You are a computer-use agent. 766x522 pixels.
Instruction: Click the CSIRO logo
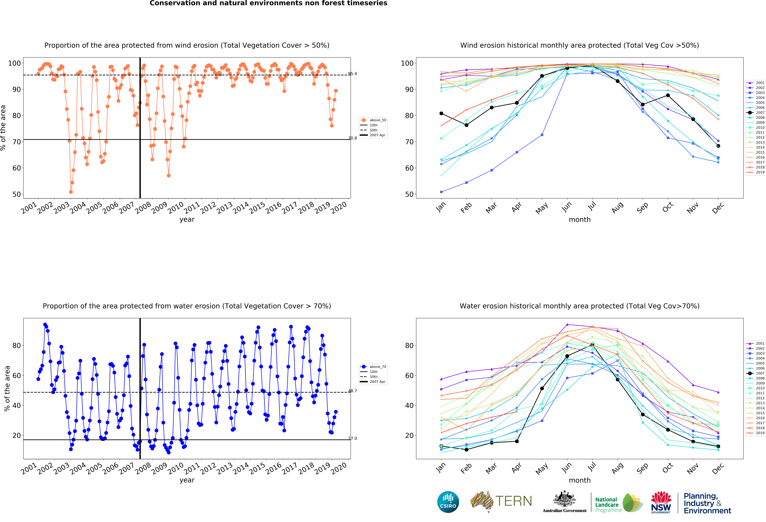(448, 502)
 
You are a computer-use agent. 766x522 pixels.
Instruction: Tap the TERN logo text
(514, 501)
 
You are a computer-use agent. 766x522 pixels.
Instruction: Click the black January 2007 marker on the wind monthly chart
(441, 113)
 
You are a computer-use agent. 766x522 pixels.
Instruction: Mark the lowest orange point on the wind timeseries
(71, 192)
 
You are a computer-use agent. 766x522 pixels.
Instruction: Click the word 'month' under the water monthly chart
(579, 480)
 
